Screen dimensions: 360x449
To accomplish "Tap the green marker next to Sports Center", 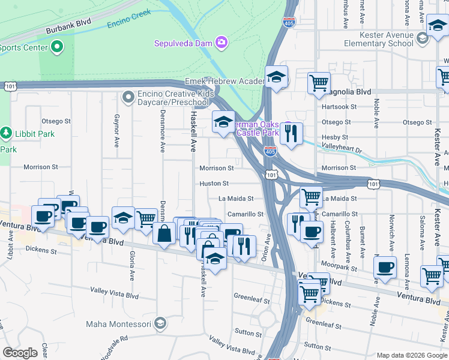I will [58, 46].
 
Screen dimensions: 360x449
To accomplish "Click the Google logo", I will [20, 353].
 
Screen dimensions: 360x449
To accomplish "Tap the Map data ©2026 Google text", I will [411, 355].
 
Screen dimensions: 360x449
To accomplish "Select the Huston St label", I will [214, 183].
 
